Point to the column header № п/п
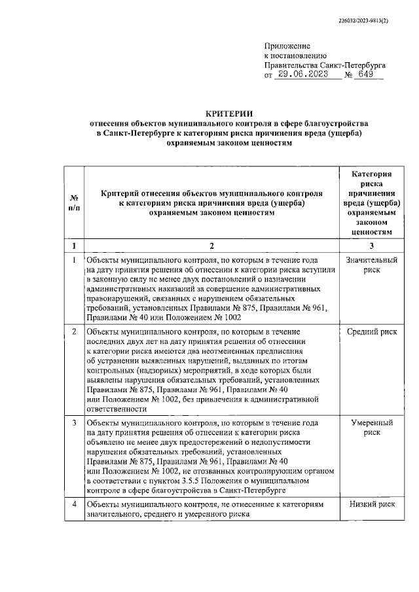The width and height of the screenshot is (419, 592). coord(74,203)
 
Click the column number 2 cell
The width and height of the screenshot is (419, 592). coord(211,246)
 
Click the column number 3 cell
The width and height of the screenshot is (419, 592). coord(371,246)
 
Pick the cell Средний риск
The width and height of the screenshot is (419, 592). coord(371,332)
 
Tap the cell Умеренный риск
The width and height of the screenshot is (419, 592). coord(371,428)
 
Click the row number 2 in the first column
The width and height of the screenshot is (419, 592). coord(74,332)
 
